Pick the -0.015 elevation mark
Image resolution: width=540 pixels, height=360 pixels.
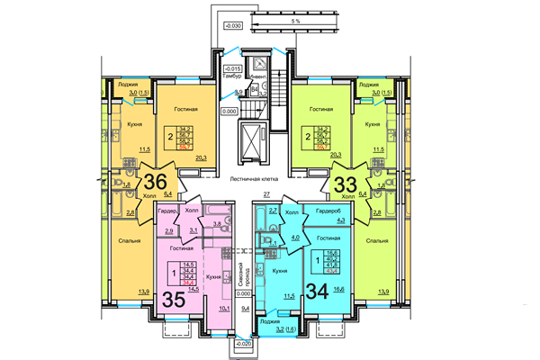pyautogui.click(x=232, y=68)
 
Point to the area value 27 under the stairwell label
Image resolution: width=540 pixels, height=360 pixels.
pyautogui.click(x=266, y=194)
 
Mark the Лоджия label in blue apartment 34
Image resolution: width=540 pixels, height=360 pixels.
pyautogui.click(x=268, y=321)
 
